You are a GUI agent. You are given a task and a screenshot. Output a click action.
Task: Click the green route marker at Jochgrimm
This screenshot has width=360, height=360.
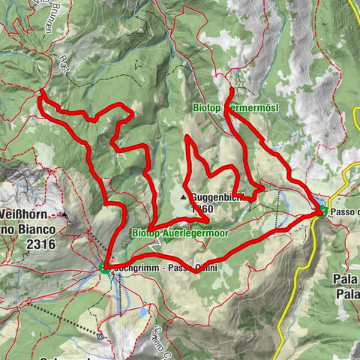coord(103,266)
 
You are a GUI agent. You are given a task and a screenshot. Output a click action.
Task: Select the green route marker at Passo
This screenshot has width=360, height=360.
coord(319,212)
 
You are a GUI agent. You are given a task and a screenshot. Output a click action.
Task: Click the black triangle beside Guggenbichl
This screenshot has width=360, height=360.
coord(183,198)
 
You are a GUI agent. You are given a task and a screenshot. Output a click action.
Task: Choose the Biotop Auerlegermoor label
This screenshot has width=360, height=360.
coord(180,233)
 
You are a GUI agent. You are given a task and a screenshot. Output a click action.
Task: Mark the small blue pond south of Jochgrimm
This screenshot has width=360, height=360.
coord(143,311)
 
